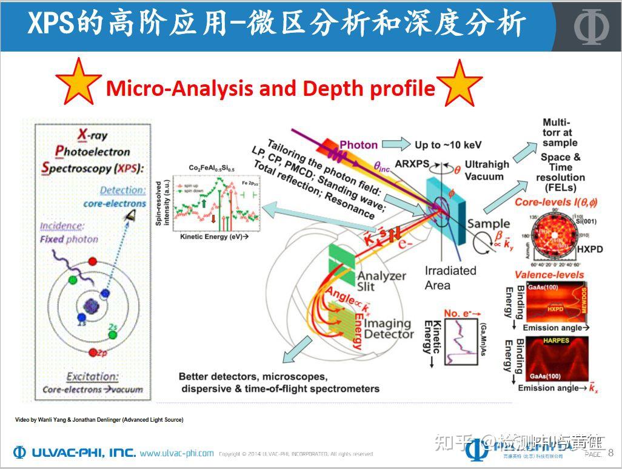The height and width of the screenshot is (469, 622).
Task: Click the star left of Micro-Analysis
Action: [78, 83]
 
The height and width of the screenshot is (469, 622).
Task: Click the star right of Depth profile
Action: [460, 84]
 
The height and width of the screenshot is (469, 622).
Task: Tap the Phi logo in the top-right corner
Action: [590, 26]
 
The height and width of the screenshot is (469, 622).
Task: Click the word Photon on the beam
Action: [358, 145]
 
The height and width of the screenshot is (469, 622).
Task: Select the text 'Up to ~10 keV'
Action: [448, 145]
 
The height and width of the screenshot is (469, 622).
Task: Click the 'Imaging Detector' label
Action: [388, 329]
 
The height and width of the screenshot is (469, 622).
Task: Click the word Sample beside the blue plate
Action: [489, 224]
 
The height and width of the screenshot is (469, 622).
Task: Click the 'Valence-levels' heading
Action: [549, 274]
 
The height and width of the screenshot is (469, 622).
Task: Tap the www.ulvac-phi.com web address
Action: [176, 453]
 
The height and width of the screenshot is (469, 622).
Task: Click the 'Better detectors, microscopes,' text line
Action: [253, 376]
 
